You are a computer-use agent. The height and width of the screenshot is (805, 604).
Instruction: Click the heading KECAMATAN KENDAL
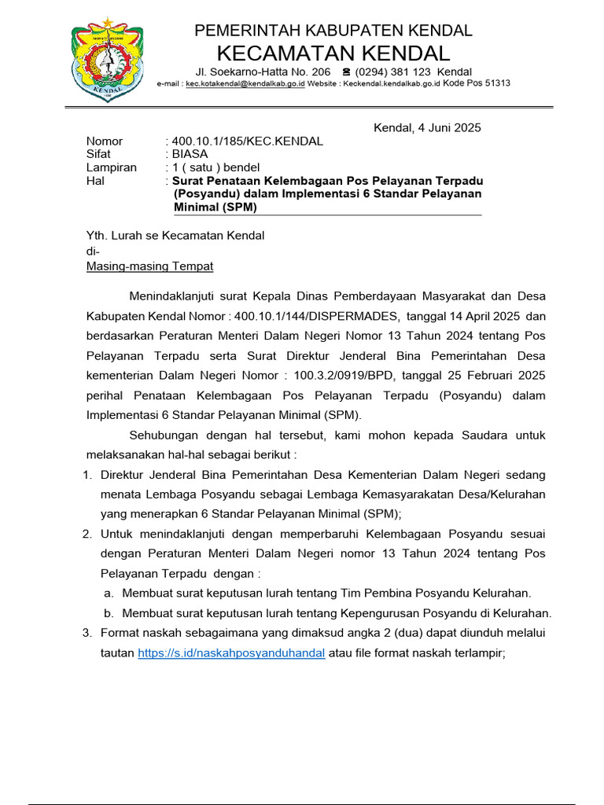[333, 53]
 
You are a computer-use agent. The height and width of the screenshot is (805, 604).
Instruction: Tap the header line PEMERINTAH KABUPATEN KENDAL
[333, 31]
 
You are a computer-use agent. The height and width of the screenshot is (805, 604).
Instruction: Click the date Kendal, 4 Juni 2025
[426, 127]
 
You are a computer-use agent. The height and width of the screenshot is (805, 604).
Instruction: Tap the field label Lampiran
[111, 167]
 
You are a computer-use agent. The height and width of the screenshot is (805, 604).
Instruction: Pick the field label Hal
[94, 181]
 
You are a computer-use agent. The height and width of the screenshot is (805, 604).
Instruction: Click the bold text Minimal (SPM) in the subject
[215, 208]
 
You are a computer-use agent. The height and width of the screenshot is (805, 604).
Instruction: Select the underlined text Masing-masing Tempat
[149, 266]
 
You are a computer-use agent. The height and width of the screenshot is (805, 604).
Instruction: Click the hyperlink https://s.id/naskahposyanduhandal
[231, 653]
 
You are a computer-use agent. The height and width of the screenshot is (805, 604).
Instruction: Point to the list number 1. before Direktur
[87, 476]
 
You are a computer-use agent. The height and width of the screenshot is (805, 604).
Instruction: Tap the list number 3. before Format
[87, 633]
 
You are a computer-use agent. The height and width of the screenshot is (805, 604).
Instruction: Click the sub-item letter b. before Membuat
[109, 613]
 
